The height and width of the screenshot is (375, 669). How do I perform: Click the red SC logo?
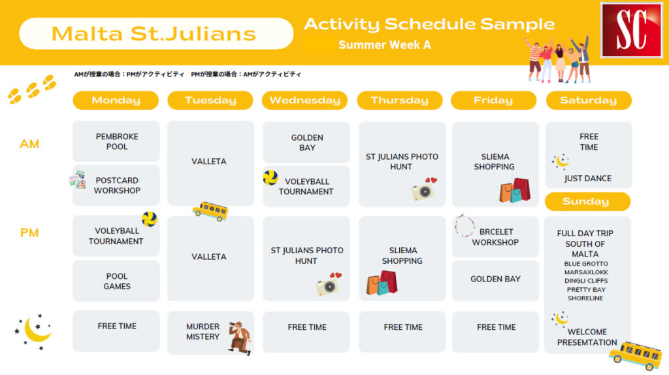point(632,30)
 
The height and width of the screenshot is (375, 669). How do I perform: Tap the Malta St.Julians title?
point(154,34)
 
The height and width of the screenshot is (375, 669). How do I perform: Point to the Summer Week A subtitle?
point(384,45)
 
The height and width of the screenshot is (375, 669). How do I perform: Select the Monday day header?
point(116,101)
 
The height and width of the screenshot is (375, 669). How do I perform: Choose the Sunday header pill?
point(588,202)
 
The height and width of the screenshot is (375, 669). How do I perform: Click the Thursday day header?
point(400,101)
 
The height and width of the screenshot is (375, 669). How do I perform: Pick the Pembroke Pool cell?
point(116,141)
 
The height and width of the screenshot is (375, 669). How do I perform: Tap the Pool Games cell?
point(116,281)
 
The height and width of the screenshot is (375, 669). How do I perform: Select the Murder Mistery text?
point(203,331)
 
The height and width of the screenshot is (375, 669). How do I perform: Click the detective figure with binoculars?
point(240,338)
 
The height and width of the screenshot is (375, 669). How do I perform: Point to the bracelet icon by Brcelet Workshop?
point(465,225)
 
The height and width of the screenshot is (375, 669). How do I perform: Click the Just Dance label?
point(587,178)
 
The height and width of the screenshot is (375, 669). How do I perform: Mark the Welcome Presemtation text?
point(587,337)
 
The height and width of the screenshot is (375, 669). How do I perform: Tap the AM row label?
point(29,144)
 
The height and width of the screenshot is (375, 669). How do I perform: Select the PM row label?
point(29,233)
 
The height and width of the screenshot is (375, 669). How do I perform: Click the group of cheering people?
point(559,59)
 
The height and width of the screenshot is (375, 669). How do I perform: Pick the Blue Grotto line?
point(586,264)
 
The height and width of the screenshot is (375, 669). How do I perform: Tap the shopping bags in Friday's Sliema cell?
point(515,190)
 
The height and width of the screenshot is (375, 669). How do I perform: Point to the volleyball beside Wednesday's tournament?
point(270,177)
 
